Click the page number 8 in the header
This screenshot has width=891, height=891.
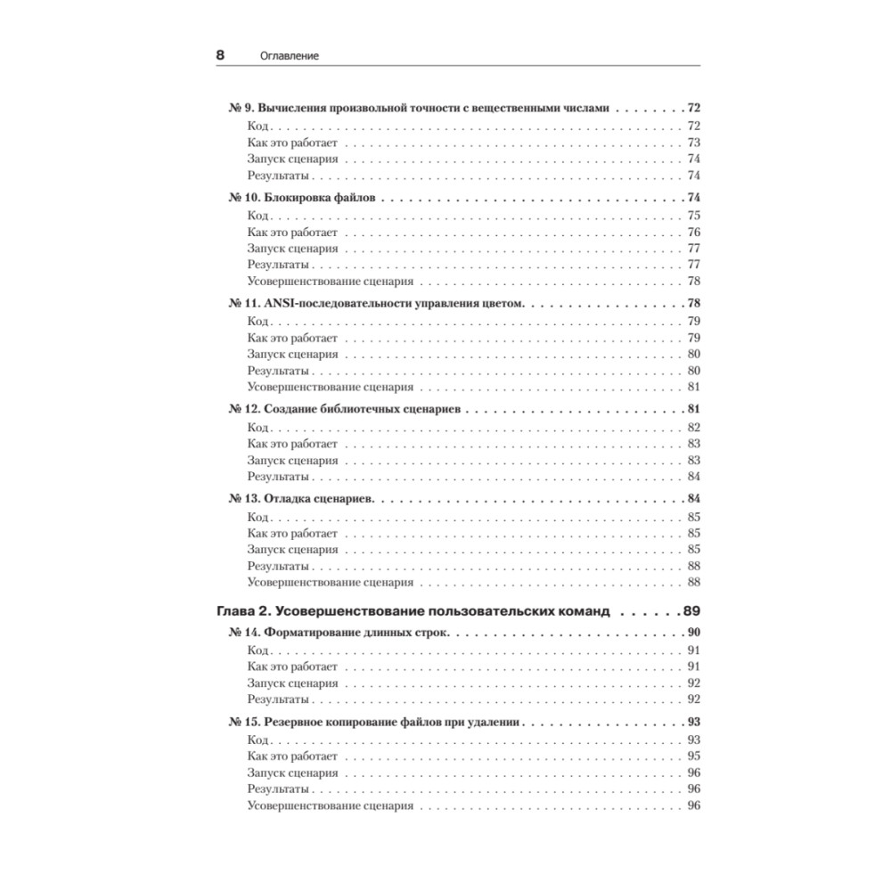(220, 54)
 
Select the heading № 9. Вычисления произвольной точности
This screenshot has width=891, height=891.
(419, 109)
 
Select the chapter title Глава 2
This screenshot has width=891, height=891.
(413, 612)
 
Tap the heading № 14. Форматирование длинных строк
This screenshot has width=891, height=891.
(339, 633)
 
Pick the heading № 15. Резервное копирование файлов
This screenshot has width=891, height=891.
(375, 722)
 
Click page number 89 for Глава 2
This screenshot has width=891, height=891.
(691, 612)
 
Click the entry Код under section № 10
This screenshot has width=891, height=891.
(257, 216)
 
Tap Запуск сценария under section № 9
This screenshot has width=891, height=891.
(292, 159)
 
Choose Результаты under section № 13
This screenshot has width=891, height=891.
(278, 566)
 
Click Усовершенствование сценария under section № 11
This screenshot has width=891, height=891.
(330, 387)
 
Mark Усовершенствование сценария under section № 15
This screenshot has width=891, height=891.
(330, 805)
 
